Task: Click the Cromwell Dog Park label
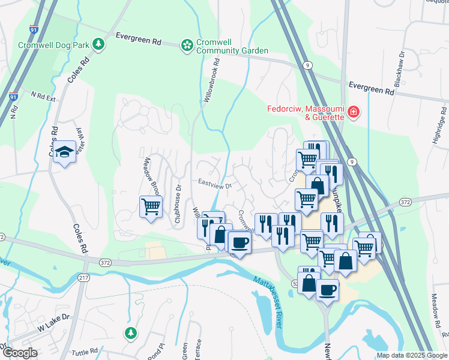tap(53, 45)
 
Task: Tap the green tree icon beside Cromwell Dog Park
tap(100, 44)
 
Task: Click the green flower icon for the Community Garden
tap(187, 45)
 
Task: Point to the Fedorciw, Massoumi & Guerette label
tap(306, 112)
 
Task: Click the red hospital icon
tap(354, 112)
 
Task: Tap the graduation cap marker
tap(64, 152)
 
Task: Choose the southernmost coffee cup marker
tap(327, 290)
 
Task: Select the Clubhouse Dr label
tap(178, 203)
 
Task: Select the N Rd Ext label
tap(43, 96)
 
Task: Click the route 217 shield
tap(83, 277)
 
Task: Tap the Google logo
tap(20, 352)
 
